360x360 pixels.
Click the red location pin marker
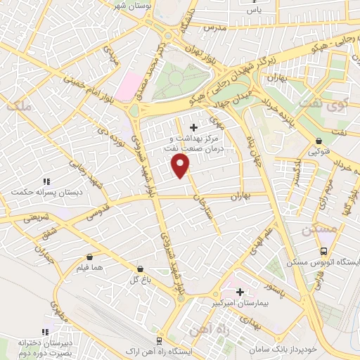pos(181,166)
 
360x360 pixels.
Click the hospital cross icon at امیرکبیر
pos(240,291)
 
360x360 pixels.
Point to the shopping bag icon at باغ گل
pos(141,269)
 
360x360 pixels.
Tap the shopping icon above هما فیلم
pos(89,257)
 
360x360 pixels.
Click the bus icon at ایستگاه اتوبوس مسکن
pos(323,251)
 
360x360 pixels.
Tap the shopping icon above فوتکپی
pos(318,140)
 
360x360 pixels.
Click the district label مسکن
pos(314,230)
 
